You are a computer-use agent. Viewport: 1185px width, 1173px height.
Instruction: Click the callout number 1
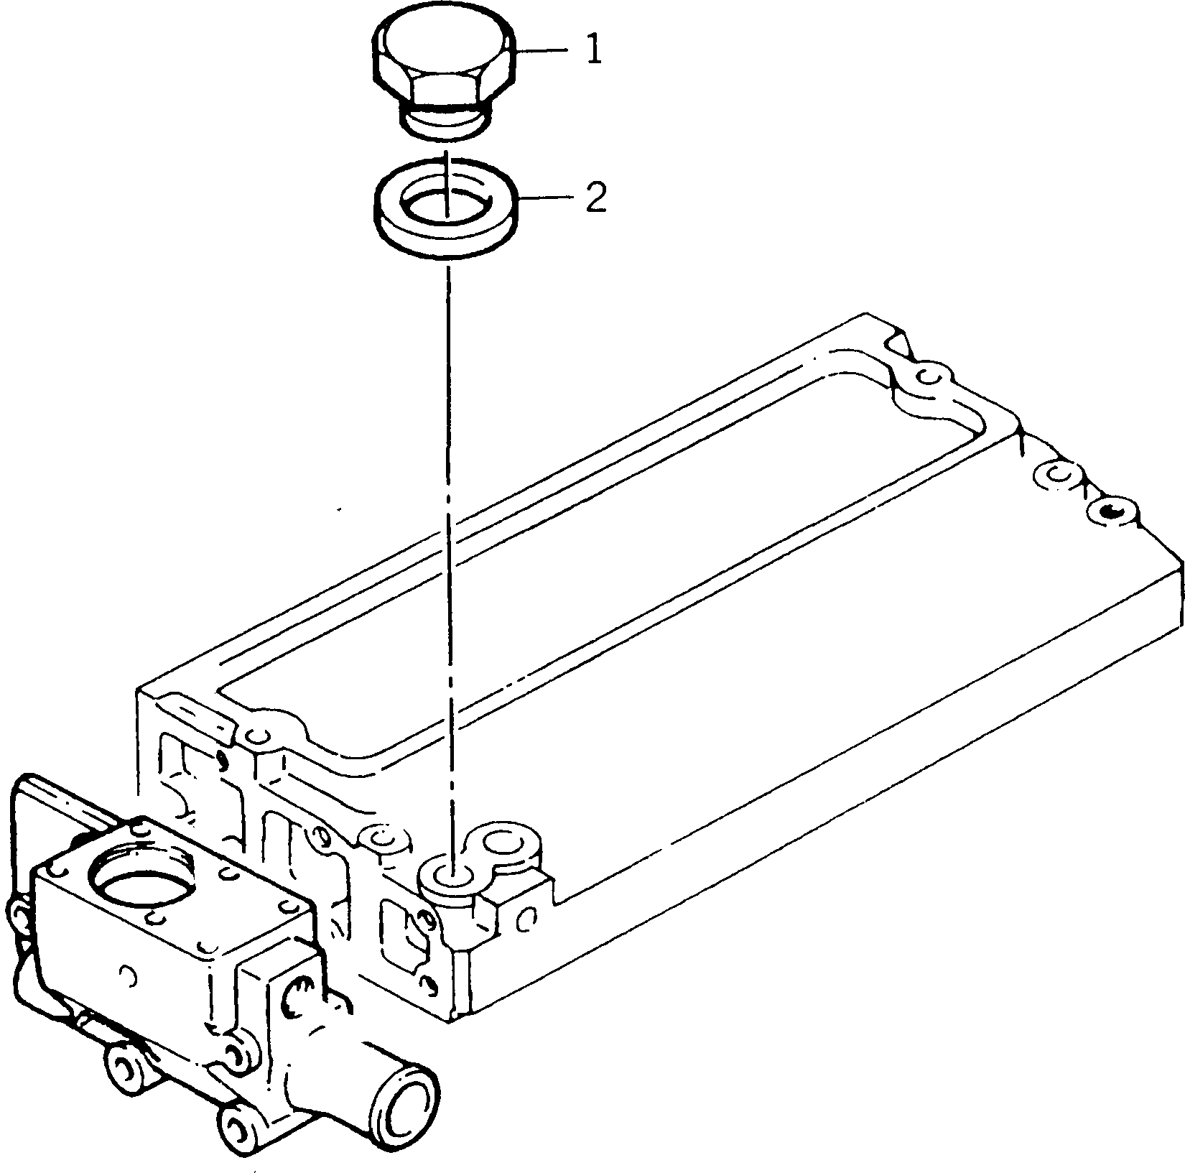(593, 51)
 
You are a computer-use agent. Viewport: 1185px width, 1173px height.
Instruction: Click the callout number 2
(595, 198)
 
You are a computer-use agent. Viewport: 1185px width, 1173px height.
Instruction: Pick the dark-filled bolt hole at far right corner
(1110, 511)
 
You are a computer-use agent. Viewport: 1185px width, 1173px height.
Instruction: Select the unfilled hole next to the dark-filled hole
(1056, 475)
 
